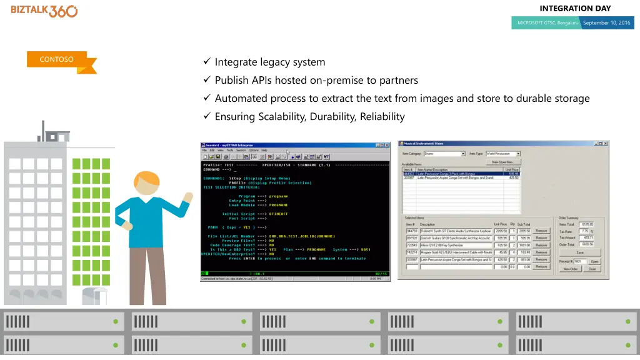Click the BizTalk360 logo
(44, 11)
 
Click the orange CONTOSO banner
(57, 60)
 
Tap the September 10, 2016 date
(607, 23)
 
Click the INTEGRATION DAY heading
(574, 8)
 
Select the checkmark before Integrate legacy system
(207, 62)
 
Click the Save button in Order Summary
(579, 252)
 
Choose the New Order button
(570, 269)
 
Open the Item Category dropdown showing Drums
(445, 153)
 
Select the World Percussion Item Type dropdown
(502, 153)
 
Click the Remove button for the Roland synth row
(541, 230)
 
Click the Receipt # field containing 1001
(581, 261)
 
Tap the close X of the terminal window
(390, 144)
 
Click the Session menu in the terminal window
(241, 151)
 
